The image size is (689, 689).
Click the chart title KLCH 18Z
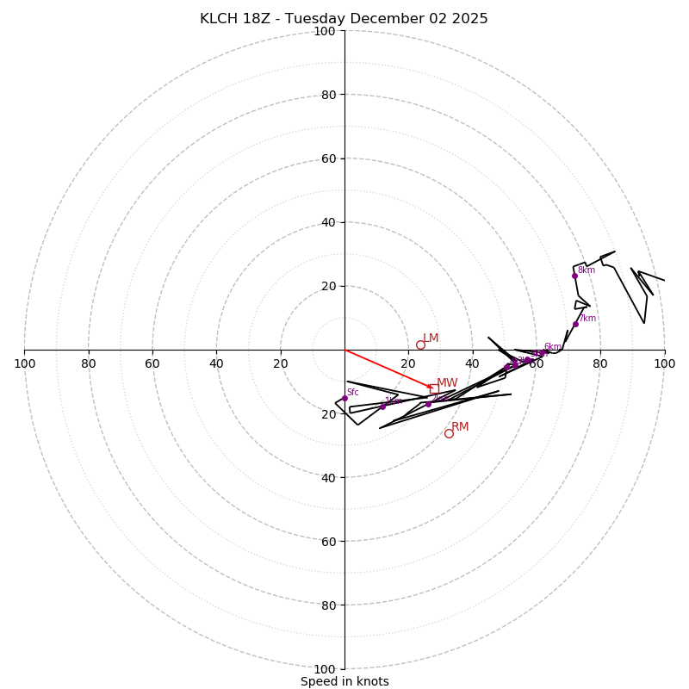pos(344,19)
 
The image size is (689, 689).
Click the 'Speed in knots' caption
pos(344,681)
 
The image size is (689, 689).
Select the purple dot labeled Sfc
pos(344,398)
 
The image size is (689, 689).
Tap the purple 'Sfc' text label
pos(353,393)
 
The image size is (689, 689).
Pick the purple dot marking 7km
pos(575,324)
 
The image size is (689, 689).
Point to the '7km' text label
pos(587,319)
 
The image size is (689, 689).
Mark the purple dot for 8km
pos(574,276)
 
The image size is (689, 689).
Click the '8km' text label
pos(587,270)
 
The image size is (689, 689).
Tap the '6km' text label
pos(553,347)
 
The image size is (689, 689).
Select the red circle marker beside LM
pos(420,344)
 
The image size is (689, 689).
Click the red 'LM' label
pos(431,338)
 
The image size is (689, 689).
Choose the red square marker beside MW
pos(433,388)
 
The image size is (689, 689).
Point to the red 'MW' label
pos(447,383)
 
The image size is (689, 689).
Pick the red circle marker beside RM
pos(449,433)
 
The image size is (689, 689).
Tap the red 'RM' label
pos(460,427)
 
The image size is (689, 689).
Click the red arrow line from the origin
pos(388,369)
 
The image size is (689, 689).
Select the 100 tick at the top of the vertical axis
pos(325,31)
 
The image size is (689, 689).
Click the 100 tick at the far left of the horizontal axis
pos(24,363)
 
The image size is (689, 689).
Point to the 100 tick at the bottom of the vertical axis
pos(325,669)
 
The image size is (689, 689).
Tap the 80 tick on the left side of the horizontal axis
pos(89,363)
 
